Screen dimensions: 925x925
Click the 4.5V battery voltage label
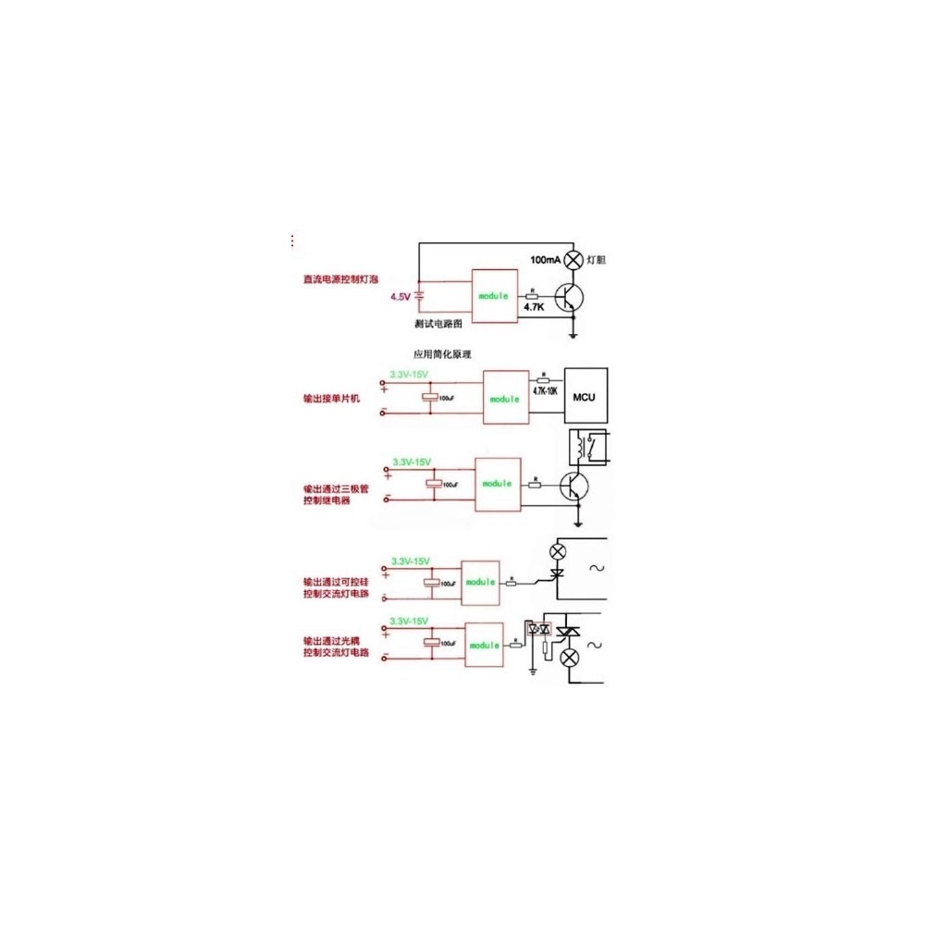[x=400, y=297]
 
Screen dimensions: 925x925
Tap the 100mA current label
[x=545, y=260]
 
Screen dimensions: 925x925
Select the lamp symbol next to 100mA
[x=573, y=260]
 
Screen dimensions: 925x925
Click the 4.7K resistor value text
[x=533, y=305]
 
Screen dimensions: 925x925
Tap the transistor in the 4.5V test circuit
[x=570, y=297]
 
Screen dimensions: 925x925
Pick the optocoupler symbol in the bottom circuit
[x=537, y=629]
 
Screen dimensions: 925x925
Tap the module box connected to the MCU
[x=504, y=398]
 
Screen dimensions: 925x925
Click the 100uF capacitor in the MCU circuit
[x=428, y=398]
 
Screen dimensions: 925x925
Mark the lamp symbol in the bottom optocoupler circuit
[x=572, y=657]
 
